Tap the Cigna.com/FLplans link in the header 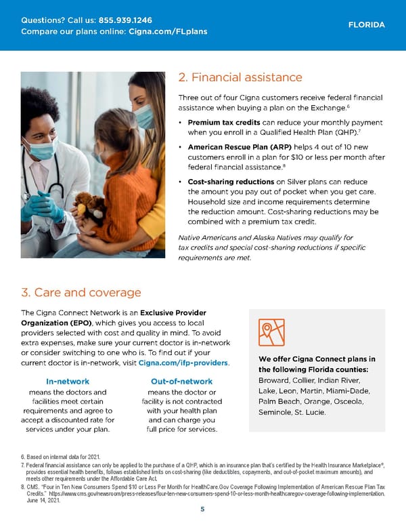167,31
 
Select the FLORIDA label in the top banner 366,25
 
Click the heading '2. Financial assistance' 240,77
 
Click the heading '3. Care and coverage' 81,292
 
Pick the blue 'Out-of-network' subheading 181,382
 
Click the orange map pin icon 271,332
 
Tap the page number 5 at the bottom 202,510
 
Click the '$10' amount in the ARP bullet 300,157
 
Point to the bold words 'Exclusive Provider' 171,312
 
